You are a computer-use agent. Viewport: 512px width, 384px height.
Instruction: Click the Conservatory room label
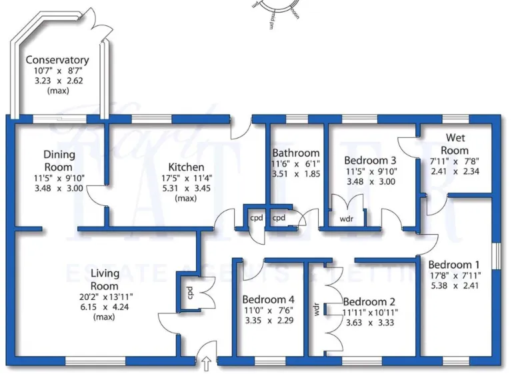point(57,60)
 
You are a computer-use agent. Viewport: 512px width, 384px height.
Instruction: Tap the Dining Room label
point(59,161)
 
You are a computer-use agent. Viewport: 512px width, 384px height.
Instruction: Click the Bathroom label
point(295,153)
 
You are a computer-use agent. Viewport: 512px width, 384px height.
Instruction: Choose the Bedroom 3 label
point(370,160)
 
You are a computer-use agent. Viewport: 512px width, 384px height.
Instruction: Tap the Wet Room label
point(455,145)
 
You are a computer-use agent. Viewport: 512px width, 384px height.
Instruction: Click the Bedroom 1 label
point(453,263)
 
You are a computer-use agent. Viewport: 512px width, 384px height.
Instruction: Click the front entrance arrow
point(206,365)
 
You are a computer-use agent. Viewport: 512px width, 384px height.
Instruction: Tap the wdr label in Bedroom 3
point(347,218)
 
